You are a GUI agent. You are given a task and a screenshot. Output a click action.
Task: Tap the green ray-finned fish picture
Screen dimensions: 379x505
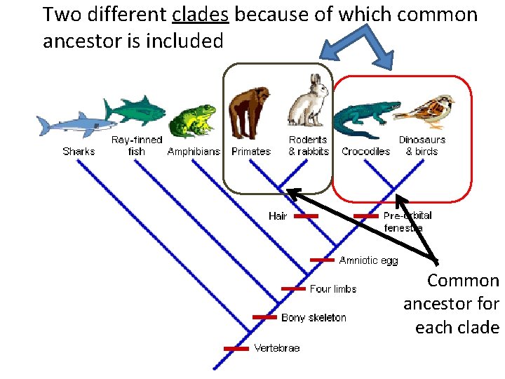click(x=135, y=111)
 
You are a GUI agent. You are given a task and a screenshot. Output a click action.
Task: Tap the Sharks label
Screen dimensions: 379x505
click(x=79, y=152)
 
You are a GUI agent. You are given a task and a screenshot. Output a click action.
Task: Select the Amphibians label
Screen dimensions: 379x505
click(x=194, y=152)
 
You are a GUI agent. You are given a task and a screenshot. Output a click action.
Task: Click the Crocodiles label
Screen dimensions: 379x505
click(x=365, y=152)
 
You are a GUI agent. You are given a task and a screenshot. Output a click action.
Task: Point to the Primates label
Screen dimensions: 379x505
click(x=250, y=152)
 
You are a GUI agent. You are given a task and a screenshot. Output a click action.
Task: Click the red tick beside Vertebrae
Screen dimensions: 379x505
click(x=236, y=348)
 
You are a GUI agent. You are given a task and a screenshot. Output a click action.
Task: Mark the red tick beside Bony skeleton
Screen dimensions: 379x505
click(x=264, y=317)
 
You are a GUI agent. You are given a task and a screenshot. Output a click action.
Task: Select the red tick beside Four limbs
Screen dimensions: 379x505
click(x=293, y=288)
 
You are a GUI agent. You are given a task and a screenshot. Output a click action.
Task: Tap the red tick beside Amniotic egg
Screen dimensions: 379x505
click(x=322, y=260)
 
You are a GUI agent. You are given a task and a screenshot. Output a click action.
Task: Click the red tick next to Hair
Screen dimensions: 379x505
click(x=305, y=216)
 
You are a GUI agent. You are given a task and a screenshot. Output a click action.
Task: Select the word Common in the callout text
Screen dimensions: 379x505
click(x=463, y=281)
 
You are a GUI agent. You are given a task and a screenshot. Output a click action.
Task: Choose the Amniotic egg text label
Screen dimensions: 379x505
click(x=368, y=260)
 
